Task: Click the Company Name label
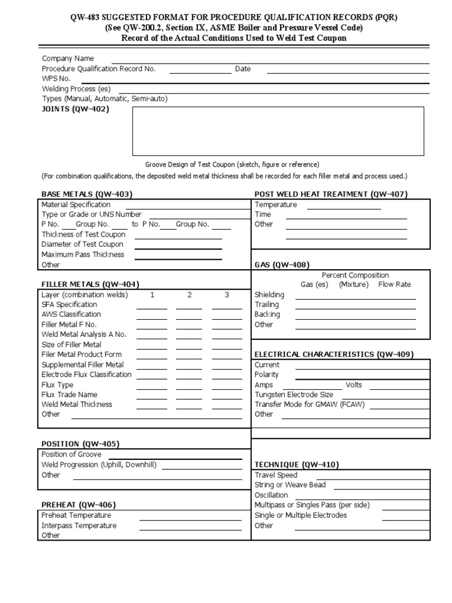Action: pos(68,59)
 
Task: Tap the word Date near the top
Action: pos(243,69)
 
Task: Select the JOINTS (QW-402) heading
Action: pos(75,109)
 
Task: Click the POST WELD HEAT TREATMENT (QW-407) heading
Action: pos(331,194)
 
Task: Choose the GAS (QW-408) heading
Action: pos(282,265)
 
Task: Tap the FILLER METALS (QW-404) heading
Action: pos(90,284)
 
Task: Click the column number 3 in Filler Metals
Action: pos(226,294)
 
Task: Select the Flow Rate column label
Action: pos(394,284)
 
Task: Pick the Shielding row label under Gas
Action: pos(270,294)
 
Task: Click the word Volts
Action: pos(354,385)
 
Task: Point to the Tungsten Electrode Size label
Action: pos(294,395)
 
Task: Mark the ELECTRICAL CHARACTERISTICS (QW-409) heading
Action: pos(334,354)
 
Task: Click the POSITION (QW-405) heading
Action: pos(79,443)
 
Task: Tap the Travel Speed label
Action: pos(276,475)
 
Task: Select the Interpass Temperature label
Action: pos(79,525)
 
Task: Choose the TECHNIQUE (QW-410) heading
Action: pos(297,465)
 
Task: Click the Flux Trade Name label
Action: pos(69,395)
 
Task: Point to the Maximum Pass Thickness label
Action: pos(83,254)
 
